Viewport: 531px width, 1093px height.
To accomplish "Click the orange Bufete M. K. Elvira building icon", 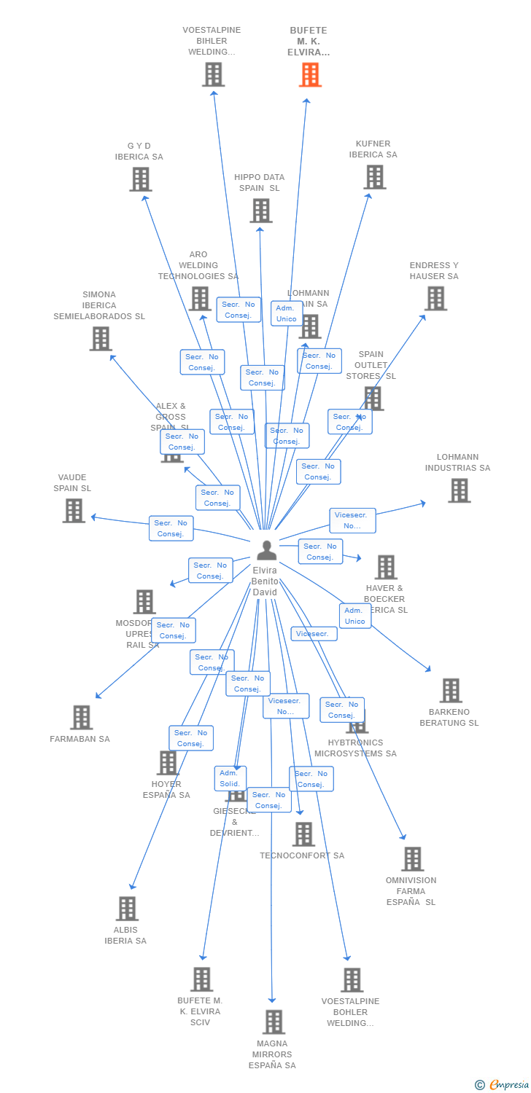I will (310, 75).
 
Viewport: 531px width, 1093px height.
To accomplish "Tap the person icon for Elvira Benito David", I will (266, 550).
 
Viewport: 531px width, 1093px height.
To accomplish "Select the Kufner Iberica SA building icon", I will (374, 177).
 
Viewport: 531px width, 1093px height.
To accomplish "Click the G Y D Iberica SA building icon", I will (141, 179).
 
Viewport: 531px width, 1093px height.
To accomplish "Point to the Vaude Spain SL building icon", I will (74, 511).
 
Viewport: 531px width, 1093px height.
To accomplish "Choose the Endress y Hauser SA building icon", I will (435, 299).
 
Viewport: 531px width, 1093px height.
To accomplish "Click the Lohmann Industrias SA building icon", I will (459, 491).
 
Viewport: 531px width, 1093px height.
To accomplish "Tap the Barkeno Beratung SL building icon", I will (451, 691).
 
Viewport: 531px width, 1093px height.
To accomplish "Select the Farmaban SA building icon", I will (81, 718).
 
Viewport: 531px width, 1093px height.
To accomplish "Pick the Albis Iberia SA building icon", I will (127, 909).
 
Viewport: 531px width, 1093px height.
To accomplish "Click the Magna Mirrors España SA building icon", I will (274, 1022).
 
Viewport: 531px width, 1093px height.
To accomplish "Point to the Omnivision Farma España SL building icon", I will (412, 859).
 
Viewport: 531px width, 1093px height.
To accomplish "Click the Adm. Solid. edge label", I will (230, 778).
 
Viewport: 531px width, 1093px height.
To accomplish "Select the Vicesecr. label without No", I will (314, 634).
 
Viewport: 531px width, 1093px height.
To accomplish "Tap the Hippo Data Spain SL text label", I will (259, 183).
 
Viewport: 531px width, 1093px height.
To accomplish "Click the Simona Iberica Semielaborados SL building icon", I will (101, 339).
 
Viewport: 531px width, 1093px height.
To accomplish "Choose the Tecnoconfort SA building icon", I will (303, 834).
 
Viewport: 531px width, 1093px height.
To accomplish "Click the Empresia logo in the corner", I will (503, 1085).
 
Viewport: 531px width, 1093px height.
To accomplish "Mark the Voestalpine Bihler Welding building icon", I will (213, 75).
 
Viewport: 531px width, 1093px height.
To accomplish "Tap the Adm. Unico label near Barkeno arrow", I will (355, 616).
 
